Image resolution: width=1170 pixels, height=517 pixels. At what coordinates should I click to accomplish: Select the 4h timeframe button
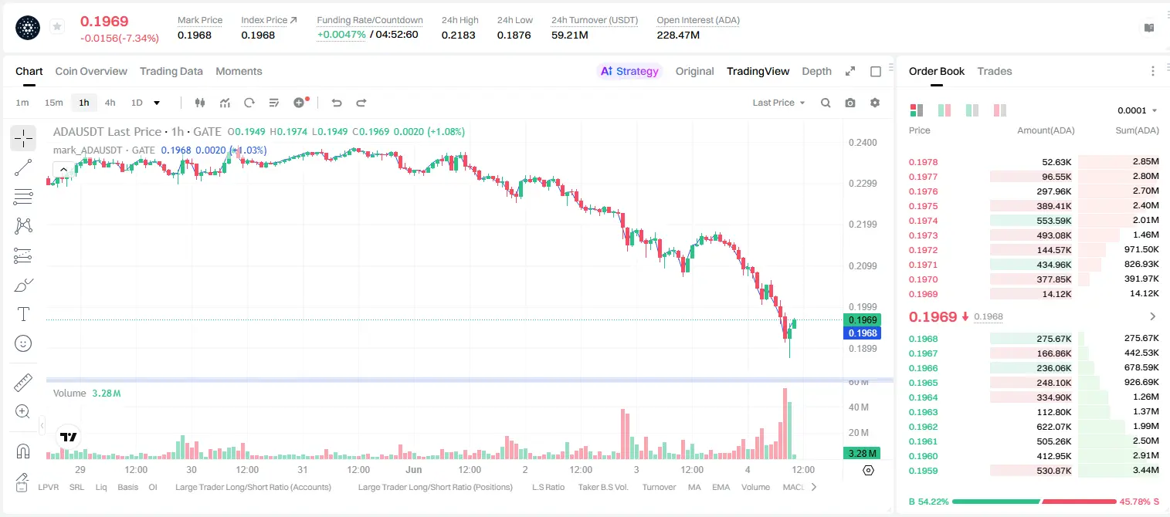[x=110, y=103]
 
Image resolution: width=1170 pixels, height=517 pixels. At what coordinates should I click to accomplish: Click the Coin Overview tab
[x=91, y=71]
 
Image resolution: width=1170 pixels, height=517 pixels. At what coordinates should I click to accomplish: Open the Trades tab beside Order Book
[x=994, y=71]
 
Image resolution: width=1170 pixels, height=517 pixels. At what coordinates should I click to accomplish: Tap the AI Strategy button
[x=629, y=71]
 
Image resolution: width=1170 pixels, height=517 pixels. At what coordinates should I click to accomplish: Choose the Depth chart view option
[x=816, y=71]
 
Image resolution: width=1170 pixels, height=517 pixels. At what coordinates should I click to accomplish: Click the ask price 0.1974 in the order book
[x=923, y=221]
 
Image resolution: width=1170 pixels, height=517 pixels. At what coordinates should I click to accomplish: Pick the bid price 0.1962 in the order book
[x=923, y=427]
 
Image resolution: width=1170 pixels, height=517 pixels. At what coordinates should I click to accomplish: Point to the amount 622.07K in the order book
[x=1053, y=427]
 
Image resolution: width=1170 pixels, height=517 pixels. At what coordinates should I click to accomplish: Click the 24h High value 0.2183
[x=458, y=35]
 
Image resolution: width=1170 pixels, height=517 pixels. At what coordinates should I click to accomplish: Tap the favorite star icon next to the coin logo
[x=57, y=26]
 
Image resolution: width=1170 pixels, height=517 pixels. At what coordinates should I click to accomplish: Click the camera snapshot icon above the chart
[x=850, y=103]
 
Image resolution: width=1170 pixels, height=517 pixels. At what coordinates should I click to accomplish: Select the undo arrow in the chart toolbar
[x=337, y=103]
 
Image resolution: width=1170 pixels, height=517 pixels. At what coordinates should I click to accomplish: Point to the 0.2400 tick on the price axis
[x=863, y=143]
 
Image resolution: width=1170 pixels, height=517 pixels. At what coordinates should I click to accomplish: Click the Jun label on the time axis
[x=413, y=469]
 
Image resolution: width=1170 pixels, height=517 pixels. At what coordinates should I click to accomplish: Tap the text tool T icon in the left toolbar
[x=23, y=314]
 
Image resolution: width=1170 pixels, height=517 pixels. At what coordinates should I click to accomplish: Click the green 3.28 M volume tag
[x=862, y=454]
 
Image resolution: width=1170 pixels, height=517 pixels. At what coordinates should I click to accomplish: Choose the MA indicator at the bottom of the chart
[x=694, y=487]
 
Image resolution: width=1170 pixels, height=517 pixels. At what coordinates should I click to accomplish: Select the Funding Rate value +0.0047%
[x=341, y=35]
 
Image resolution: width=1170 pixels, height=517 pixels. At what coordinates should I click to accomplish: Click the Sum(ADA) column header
[x=1137, y=130]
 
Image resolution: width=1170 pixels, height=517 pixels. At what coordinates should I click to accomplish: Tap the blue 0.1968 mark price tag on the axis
[x=862, y=333]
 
